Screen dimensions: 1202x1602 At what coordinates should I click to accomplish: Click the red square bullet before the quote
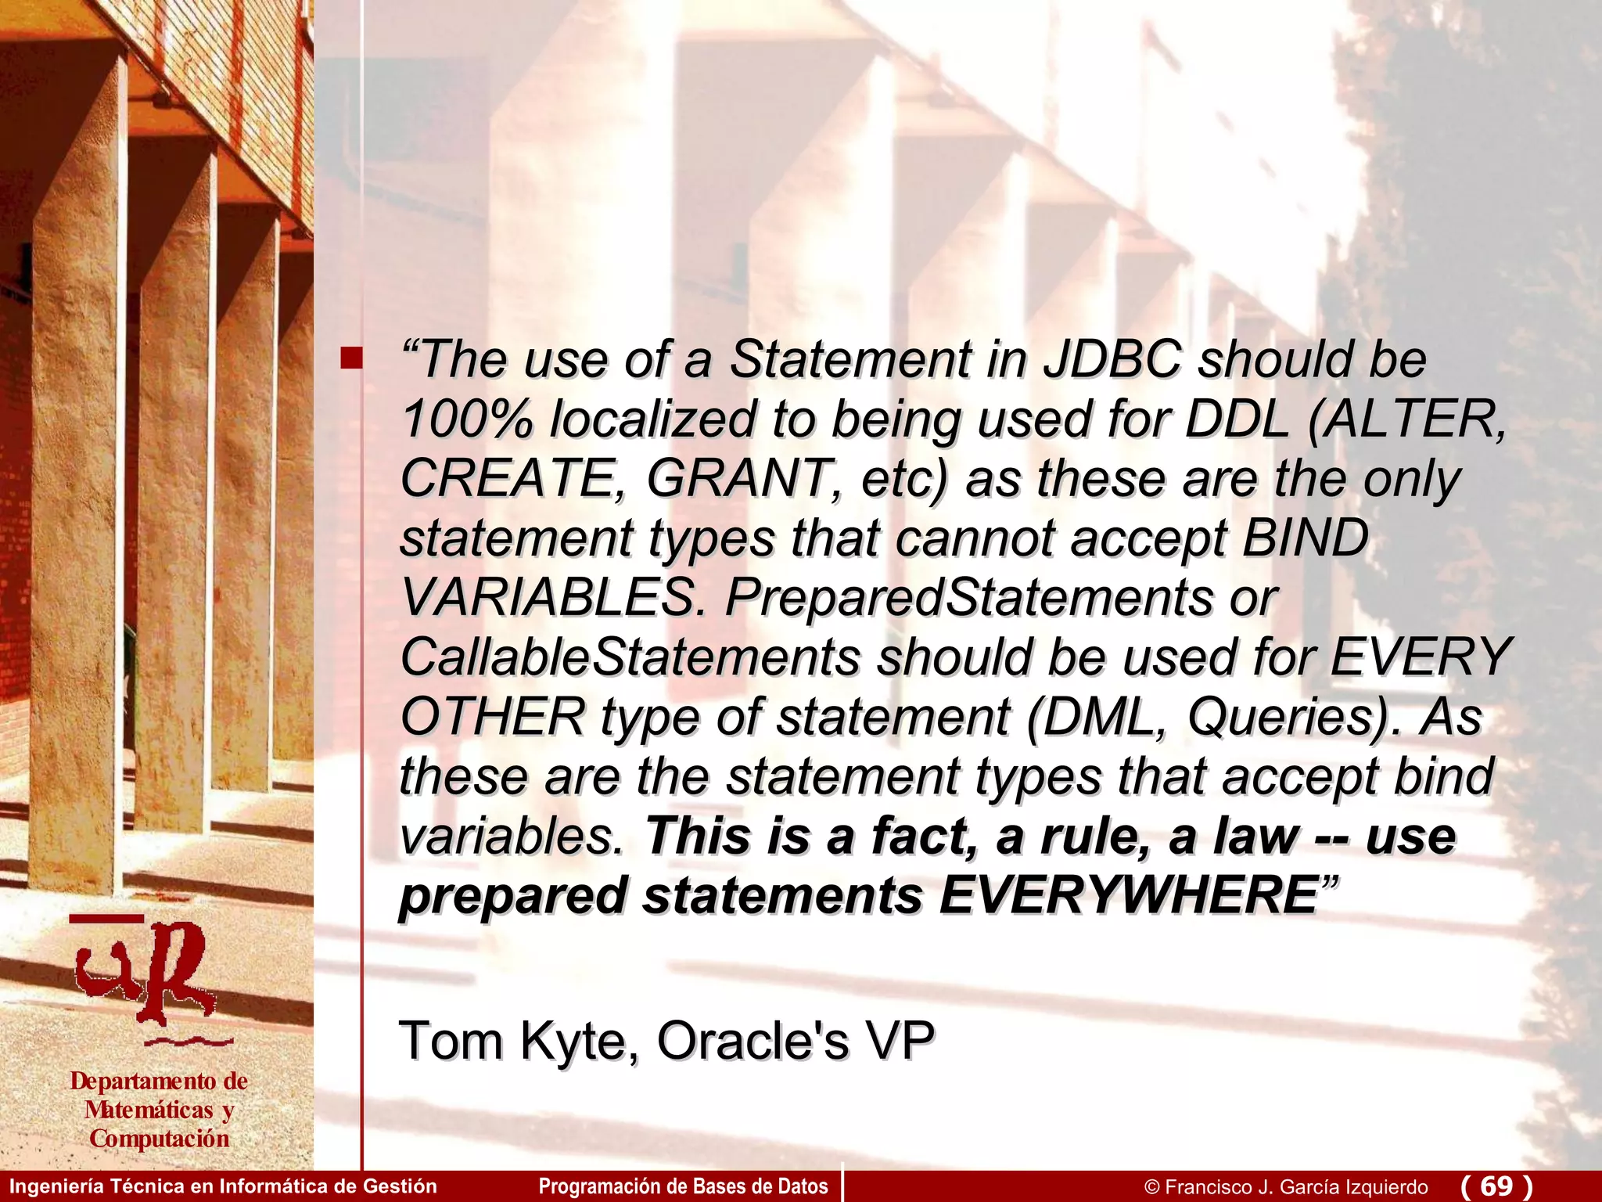[351, 359]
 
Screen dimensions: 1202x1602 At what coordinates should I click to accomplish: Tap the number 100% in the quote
[467, 419]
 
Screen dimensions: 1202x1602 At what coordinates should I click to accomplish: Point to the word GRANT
[739, 479]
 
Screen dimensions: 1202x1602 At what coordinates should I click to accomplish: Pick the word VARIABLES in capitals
[548, 598]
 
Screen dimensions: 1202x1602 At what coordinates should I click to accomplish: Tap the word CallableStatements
[630, 657]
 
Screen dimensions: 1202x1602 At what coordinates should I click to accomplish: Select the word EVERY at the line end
[1421, 657]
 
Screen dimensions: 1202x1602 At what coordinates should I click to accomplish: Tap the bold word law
[1256, 836]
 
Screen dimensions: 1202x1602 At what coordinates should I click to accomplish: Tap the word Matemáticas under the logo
[149, 1110]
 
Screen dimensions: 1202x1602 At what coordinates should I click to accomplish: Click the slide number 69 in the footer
[1496, 1186]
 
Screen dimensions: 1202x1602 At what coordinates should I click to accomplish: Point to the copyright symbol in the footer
[1151, 1187]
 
